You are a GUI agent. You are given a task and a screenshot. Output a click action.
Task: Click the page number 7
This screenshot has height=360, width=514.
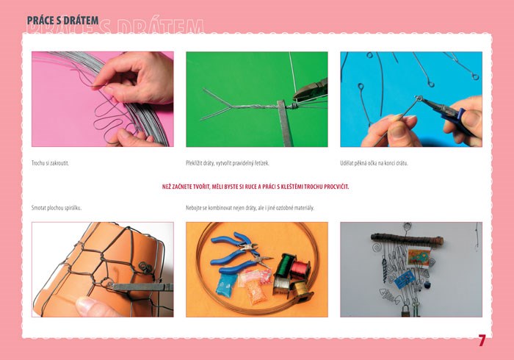pyautogui.click(x=481, y=341)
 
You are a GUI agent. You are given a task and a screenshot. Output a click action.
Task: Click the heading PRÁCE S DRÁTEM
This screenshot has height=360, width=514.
pyautogui.click(x=62, y=21)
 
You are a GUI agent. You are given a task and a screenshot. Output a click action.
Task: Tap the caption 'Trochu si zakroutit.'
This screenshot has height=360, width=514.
pyautogui.click(x=50, y=163)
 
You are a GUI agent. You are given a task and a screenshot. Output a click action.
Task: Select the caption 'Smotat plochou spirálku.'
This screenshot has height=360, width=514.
pyautogui.click(x=57, y=208)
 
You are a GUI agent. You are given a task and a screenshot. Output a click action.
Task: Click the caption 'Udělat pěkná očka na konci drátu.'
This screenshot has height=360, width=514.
pyautogui.click(x=374, y=163)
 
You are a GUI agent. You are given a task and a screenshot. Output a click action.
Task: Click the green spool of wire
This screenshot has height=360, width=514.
pyautogui.click(x=285, y=265)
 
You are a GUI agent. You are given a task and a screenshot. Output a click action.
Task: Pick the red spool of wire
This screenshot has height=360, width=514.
pyautogui.click(x=300, y=270)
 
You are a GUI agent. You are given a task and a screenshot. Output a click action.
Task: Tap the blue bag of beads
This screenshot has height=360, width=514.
pyautogui.click(x=226, y=284)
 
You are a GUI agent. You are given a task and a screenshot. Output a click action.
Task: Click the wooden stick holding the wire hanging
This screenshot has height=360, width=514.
pyautogui.click(x=407, y=240)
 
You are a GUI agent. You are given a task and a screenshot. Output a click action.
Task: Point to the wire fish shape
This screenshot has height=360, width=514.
pyautogui.click(x=390, y=296)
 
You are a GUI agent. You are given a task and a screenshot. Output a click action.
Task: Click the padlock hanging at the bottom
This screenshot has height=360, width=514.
pyautogui.click(x=405, y=311)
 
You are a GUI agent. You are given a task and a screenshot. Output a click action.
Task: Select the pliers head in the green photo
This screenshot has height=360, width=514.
pyautogui.click(x=311, y=90)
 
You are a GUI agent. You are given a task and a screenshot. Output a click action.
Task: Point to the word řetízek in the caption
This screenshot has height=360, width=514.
pyautogui.click(x=261, y=163)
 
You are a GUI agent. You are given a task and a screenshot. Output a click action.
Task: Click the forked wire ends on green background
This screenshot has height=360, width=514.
pyautogui.click(x=214, y=104)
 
